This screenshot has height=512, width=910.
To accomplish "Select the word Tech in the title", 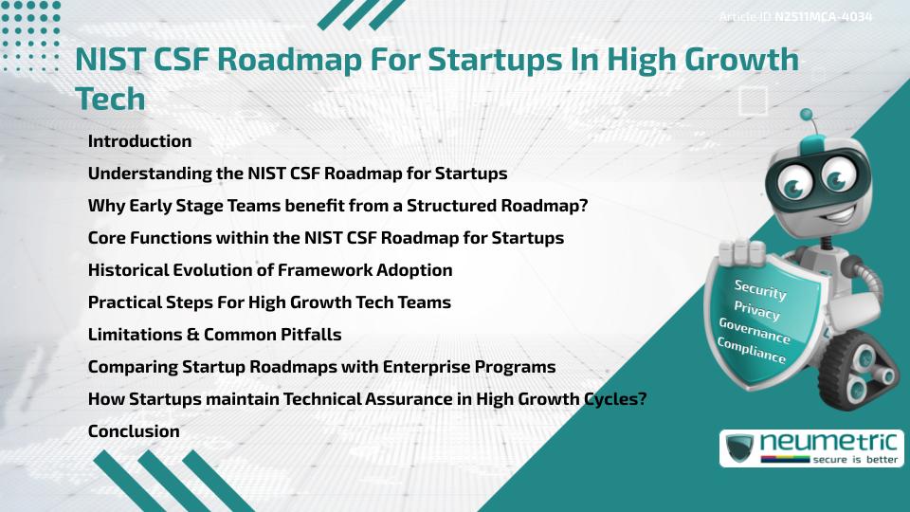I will click(110, 98).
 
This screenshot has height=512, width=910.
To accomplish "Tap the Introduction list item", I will click(139, 141).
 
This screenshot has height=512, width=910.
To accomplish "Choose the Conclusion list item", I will click(134, 431).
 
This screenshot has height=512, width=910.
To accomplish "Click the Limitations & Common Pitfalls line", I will click(214, 335).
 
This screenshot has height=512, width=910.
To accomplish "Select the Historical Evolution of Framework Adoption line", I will click(270, 270).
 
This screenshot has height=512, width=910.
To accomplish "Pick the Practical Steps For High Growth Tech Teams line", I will click(269, 302).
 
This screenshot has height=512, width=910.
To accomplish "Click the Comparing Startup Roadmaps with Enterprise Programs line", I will click(321, 367).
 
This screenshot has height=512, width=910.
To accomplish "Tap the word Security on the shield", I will click(759, 290).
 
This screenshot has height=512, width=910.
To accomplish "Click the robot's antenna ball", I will click(808, 116).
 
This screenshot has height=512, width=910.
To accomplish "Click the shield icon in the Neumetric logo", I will click(739, 448).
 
